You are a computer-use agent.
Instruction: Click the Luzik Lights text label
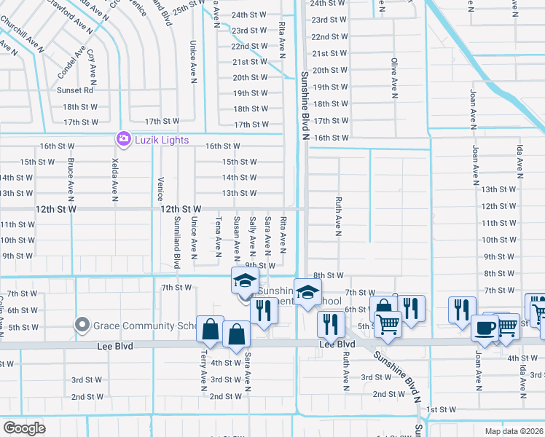point(161,140)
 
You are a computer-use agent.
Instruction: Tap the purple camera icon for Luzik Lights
point(123,139)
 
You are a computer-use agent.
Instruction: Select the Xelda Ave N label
point(115,179)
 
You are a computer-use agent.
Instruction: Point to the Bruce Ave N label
point(71,179)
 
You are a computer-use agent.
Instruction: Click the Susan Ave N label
point(237,237)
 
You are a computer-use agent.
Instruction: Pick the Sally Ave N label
point(252,235)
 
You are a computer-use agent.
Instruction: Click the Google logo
point(24,428)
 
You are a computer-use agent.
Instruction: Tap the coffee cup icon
point(485,328)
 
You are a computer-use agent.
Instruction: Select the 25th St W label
point(188,4)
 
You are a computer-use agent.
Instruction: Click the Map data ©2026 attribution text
point(513,431)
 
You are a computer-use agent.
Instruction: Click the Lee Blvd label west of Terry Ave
point(116,347)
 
